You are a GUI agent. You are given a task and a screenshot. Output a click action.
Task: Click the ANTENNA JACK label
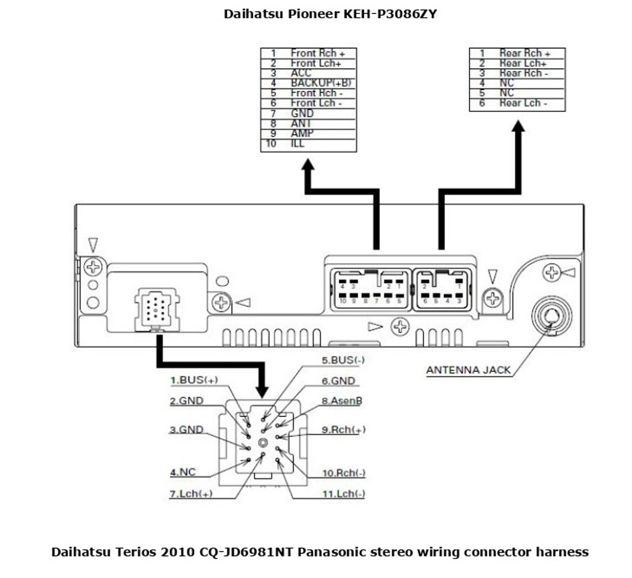(468, 370)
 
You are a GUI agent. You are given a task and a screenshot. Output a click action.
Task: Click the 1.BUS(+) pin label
(194, 380)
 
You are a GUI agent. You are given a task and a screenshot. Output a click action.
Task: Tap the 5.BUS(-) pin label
(343, 360)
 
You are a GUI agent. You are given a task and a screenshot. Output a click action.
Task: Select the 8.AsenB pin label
(342, 401)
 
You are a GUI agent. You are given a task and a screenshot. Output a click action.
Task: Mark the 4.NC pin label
(183, 472)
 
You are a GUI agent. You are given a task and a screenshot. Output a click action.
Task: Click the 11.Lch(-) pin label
(344, 494)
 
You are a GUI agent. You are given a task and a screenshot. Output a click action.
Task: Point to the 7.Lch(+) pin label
(191, 494)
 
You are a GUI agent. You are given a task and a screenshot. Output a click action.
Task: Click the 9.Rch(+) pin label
(344, 430)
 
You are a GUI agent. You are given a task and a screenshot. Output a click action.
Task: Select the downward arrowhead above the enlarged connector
(263, 391)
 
